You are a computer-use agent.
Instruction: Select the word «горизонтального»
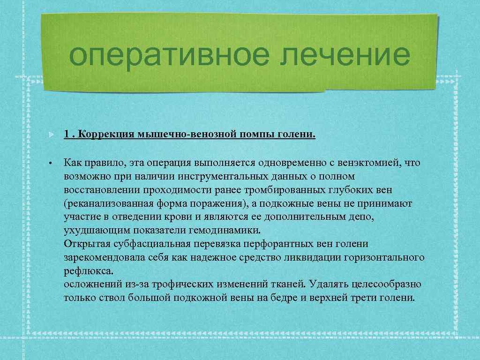(x=383, y=257)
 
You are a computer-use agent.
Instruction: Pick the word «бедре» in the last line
(x=279, y=298)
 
